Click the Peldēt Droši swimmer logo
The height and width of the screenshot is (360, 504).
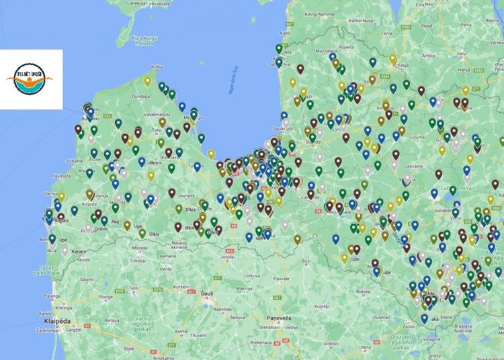32,79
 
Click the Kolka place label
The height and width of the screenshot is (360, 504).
157,67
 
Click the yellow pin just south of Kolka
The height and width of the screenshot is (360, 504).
148,81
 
